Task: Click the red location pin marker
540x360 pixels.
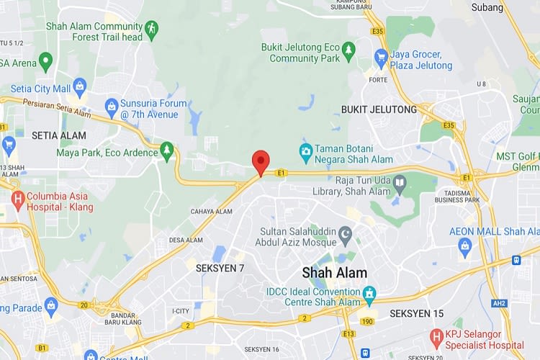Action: (261, 161)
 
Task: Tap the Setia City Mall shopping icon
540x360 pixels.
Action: (79, 88)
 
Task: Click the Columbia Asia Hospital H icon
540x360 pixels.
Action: (18, 197)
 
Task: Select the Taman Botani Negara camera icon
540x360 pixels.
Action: (306, 152)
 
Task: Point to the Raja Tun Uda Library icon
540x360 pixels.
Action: (400, 185)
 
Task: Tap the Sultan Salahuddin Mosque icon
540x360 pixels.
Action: (346, 235)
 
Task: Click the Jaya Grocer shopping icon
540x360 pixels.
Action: (382, 58)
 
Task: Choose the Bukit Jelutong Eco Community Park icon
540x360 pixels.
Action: (348, 50)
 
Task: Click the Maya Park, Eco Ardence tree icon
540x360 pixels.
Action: (167, 151)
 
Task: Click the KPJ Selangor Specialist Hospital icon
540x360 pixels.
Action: (436, 336)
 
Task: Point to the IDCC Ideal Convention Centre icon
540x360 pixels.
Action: (370, 294)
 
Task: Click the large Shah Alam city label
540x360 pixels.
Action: (334, 273)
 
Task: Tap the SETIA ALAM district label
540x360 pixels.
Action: (58, 135)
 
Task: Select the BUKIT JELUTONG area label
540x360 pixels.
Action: (379, 109)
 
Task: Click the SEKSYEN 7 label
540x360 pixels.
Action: (220, 268)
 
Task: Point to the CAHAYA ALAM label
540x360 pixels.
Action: (211, 212)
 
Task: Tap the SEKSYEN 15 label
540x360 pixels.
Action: (416, 314)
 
